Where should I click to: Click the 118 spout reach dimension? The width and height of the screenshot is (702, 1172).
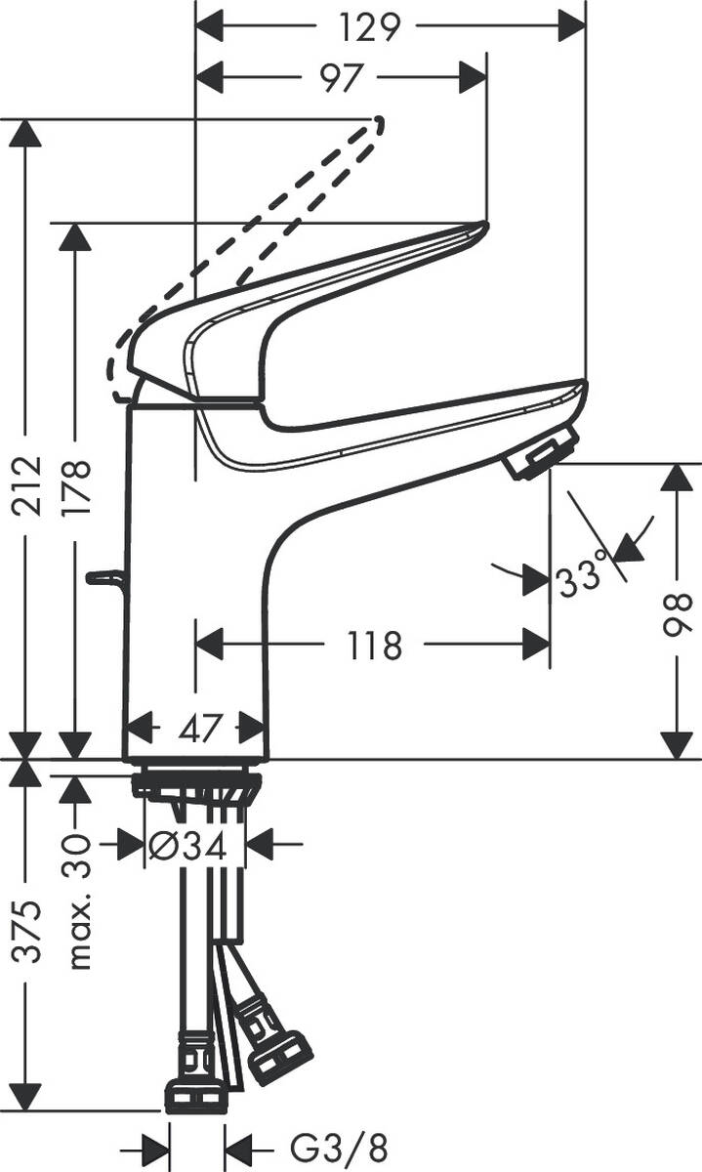tap(374, 645)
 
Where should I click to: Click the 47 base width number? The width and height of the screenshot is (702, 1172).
tap(195, 728)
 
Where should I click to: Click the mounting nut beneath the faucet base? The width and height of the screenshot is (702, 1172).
tap(196, 782)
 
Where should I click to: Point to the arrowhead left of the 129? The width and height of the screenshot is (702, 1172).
tap(211, 26)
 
